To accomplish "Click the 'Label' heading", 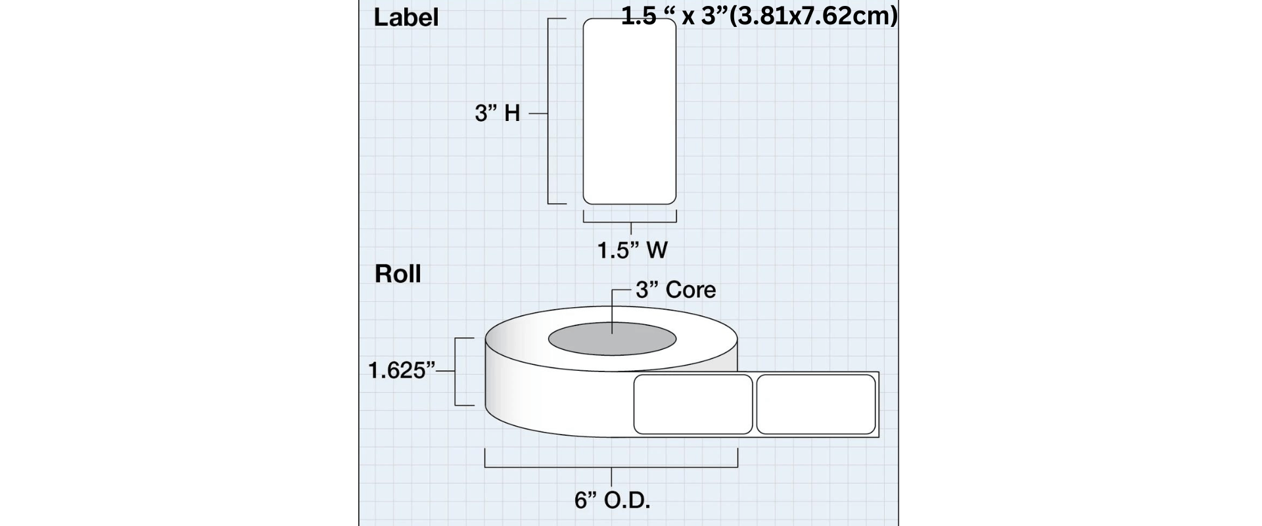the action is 406,17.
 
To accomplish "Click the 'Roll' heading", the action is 398,274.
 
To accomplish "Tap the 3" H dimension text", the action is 498,113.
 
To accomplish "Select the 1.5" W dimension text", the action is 632,250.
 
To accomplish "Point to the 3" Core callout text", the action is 676,289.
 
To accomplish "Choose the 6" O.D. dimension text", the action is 613,500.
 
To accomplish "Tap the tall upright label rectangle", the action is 630,112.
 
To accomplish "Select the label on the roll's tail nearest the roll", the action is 693,404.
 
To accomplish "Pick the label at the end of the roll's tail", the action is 816,404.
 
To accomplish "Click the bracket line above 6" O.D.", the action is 611,467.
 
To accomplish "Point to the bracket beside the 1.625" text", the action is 460,371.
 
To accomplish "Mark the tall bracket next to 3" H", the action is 548,112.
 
